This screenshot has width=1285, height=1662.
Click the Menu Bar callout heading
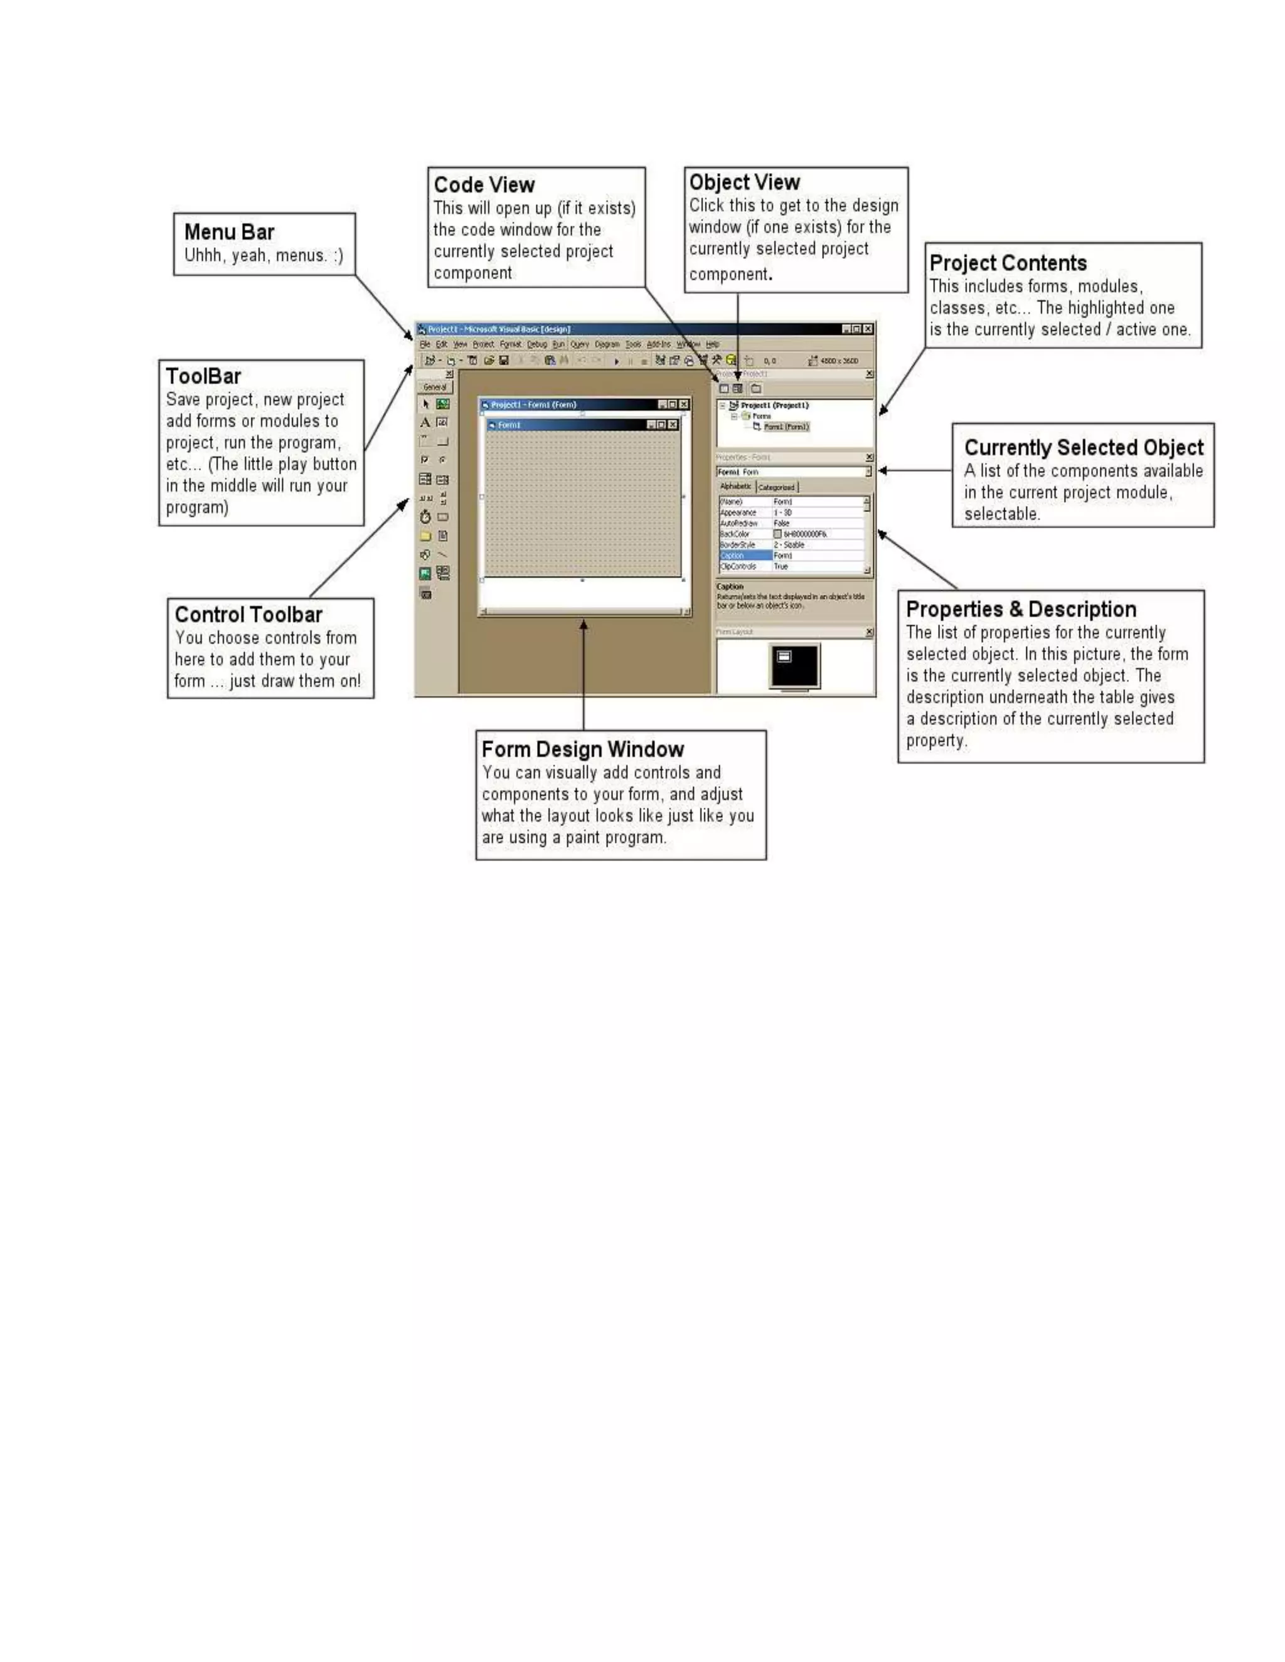228,232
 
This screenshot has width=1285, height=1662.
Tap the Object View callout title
744,183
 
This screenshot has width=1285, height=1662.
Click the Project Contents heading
1007,263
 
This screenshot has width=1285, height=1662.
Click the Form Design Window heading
582,749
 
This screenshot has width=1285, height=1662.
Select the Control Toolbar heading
248,615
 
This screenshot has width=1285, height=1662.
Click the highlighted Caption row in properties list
745,556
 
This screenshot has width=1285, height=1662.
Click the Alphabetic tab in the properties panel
735,486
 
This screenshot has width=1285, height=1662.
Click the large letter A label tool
425,422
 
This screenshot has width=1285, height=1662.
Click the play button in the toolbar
616,361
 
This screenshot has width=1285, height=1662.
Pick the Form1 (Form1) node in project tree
785,427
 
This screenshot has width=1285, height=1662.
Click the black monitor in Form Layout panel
794,666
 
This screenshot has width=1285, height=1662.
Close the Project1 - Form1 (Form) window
684,405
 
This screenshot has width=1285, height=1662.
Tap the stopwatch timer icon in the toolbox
425,517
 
